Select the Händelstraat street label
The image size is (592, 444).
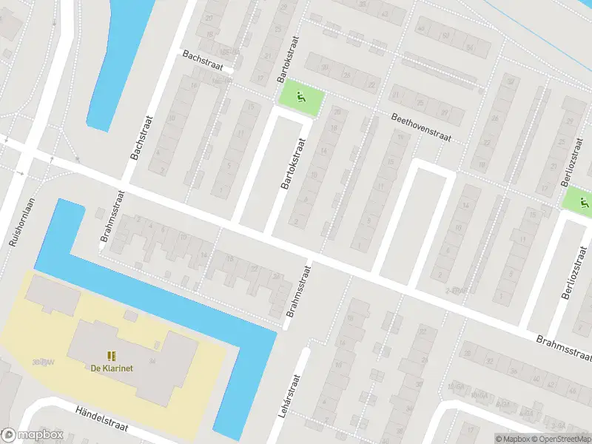(102, 418)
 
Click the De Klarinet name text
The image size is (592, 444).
(112, 369)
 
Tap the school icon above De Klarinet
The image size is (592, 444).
(112, 356)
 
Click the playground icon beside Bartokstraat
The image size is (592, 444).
(301, 96)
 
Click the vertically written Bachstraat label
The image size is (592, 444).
(136, 138)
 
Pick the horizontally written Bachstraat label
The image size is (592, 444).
(203, 56)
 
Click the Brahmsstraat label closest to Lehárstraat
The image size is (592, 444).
(299, 294)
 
